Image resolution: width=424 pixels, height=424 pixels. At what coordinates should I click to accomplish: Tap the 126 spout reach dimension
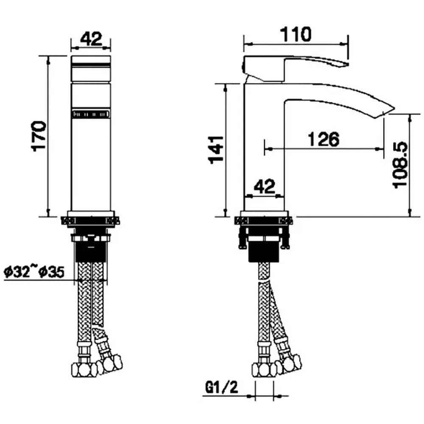pos(323,139)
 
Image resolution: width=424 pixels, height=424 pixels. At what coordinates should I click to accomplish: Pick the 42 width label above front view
pos(91,39)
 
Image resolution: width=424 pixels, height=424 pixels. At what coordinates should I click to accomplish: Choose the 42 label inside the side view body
pos(265,187)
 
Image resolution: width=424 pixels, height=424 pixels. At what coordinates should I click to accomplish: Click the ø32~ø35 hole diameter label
pos(34,272)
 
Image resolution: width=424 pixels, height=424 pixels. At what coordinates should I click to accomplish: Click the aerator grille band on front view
pos(91,114)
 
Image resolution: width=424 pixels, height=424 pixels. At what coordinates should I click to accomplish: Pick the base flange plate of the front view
pos(91,214)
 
